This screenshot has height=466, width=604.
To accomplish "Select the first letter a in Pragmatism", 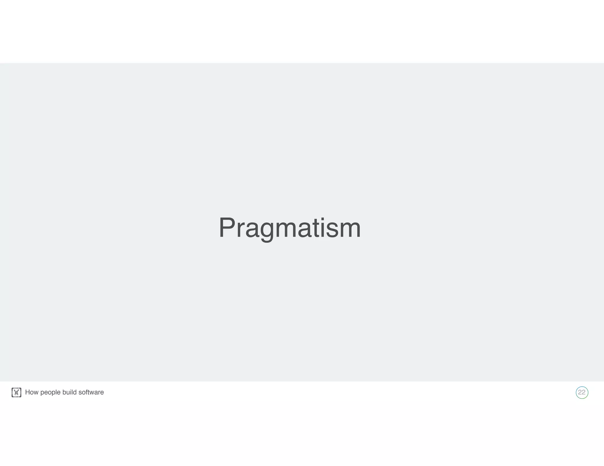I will (252, 230).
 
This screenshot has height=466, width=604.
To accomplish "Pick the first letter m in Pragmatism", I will (285, 230).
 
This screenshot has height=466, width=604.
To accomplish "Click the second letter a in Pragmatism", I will (305, 230).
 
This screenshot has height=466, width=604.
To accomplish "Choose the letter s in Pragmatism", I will (332, 230).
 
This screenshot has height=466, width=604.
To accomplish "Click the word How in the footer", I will (32, 392).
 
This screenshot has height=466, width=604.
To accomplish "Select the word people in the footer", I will (50, 393).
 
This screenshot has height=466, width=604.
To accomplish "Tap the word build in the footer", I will (70, 392).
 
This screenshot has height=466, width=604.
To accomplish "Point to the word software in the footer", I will (91, 392).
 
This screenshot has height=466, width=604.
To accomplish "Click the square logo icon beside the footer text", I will (17, 392).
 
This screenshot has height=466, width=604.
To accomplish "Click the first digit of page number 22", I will (580, 392).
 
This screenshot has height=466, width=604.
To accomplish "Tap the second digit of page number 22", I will (584, 392).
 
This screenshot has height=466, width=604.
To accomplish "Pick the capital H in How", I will (28, 392).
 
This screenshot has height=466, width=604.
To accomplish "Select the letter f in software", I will (86, 392).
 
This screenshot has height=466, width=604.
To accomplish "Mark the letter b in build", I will (64, 392).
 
